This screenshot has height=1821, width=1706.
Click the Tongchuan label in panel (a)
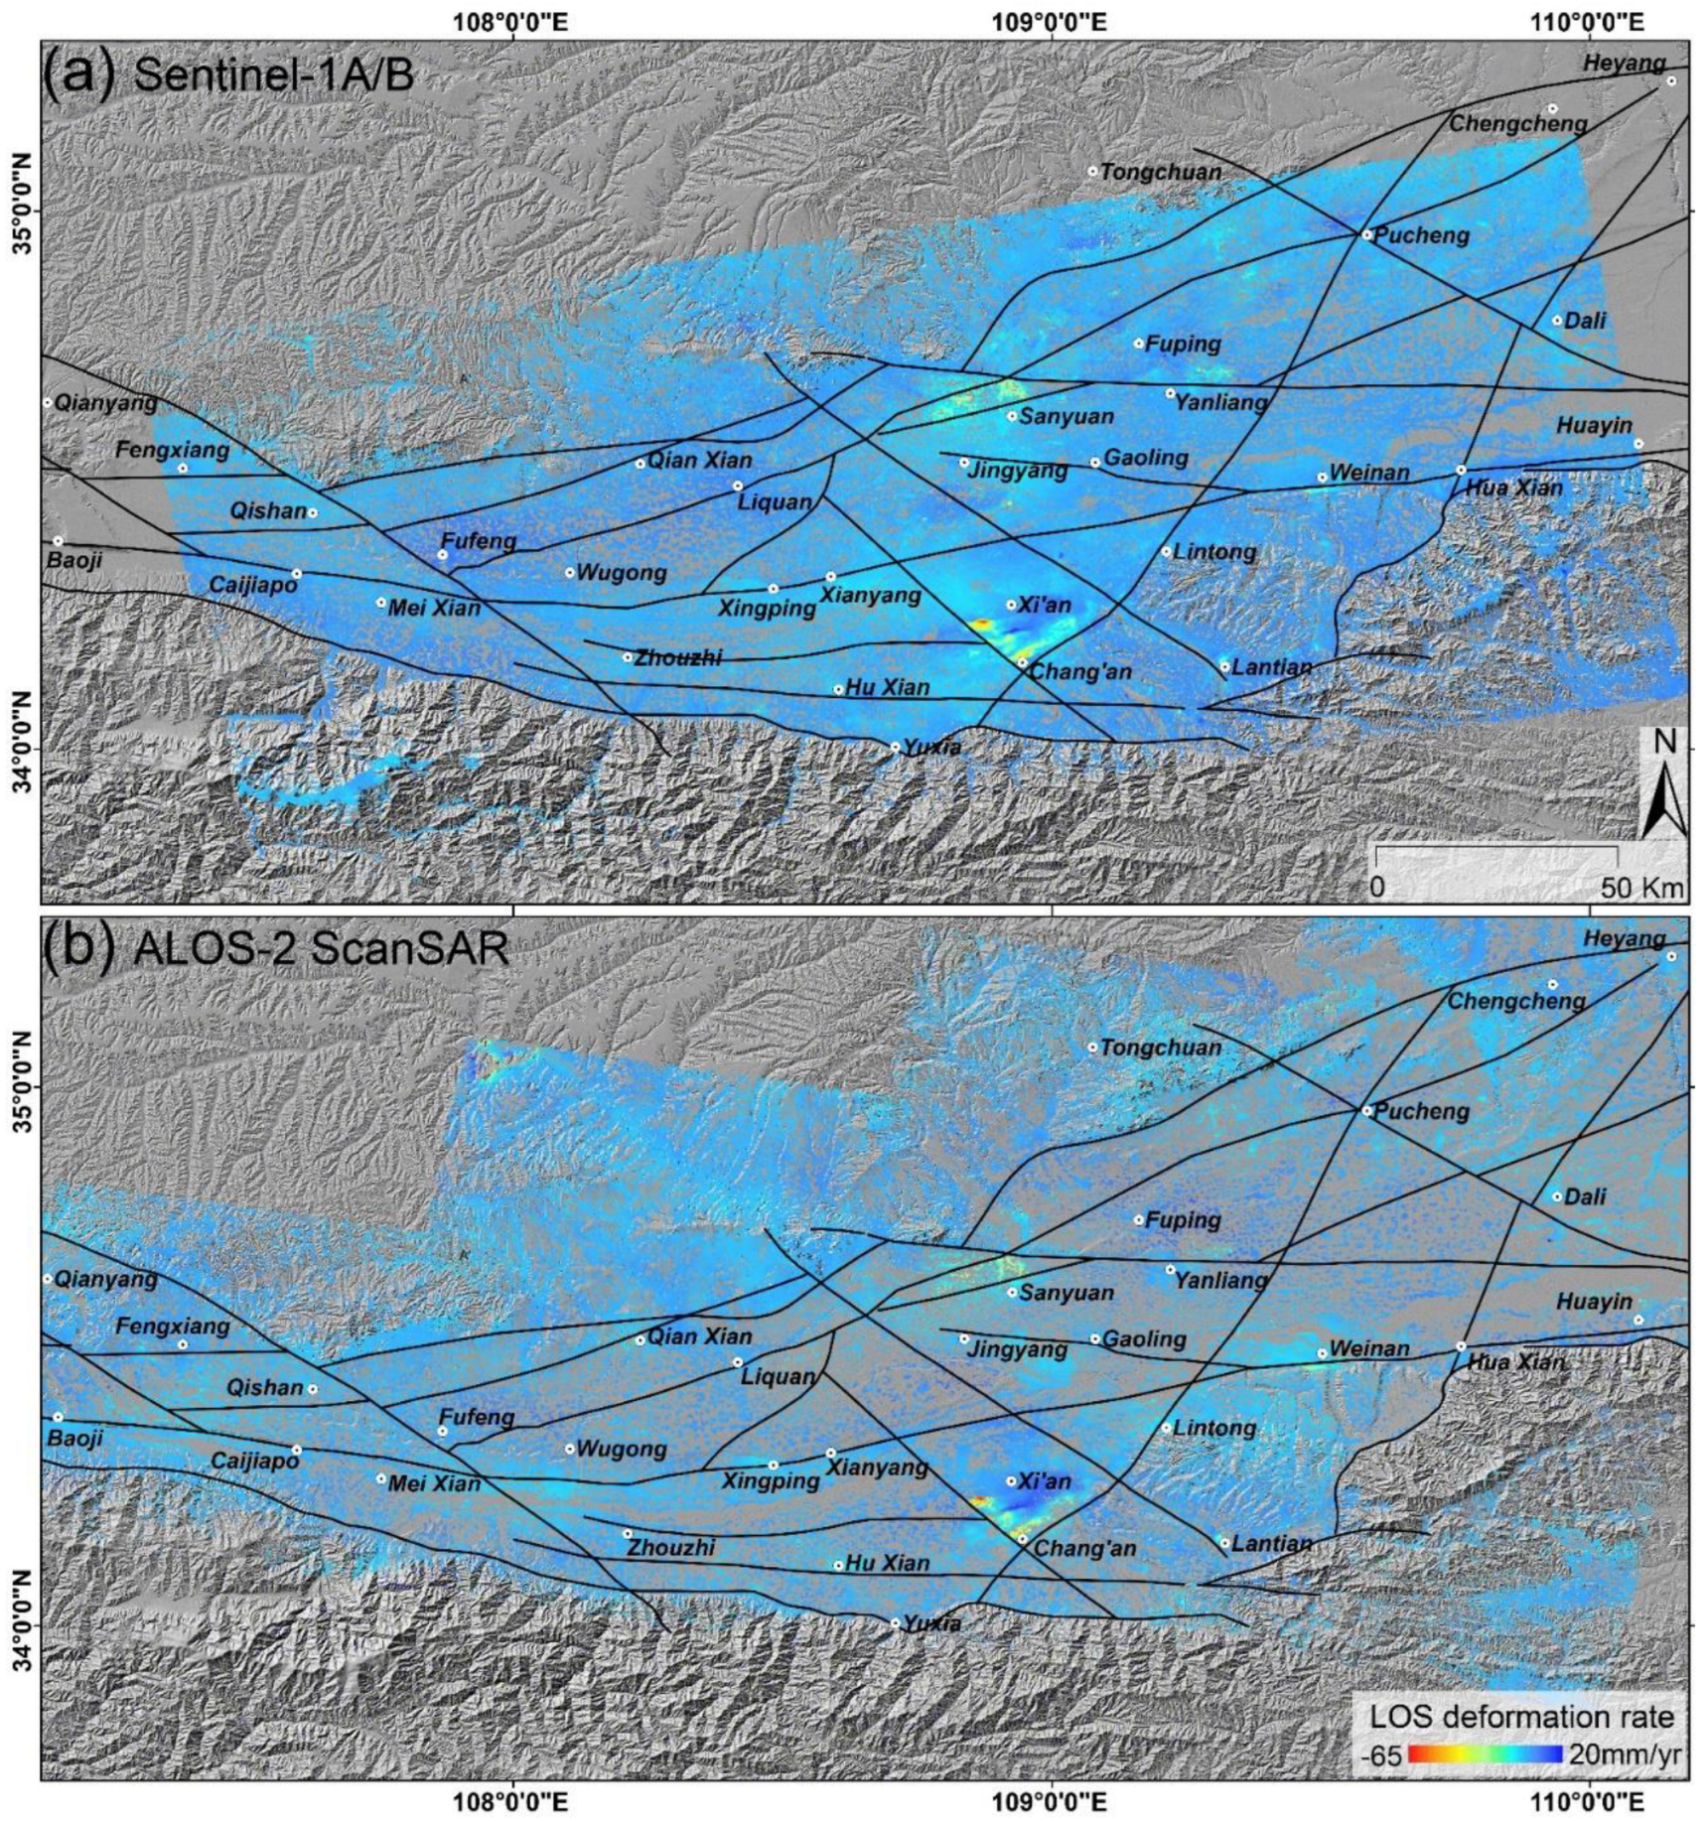(x=1160, y=173)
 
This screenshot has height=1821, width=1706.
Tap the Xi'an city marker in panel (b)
(x=1011, y=1480)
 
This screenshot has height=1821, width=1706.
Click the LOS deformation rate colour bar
(x=1486, y=1754)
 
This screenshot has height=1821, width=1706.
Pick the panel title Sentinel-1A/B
(x=273, y=74)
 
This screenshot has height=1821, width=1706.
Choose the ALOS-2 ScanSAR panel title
(x=321, y=950)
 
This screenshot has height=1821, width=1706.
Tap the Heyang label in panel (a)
(x=1624, y=64)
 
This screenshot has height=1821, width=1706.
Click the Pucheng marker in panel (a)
(x=1366, y=235)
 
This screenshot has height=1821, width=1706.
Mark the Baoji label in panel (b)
(x=75, y=1437)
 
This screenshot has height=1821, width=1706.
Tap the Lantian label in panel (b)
(x=1272, y=1544)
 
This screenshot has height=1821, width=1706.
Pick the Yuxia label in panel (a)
(x=931, y=748)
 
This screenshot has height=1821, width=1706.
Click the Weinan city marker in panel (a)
(x=1322, y=478)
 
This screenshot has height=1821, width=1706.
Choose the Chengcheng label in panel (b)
(x=1515, y=1001)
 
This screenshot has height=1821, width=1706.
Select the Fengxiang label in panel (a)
(x=172, y=450)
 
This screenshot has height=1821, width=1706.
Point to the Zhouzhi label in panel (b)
(x=673, y=1548)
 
